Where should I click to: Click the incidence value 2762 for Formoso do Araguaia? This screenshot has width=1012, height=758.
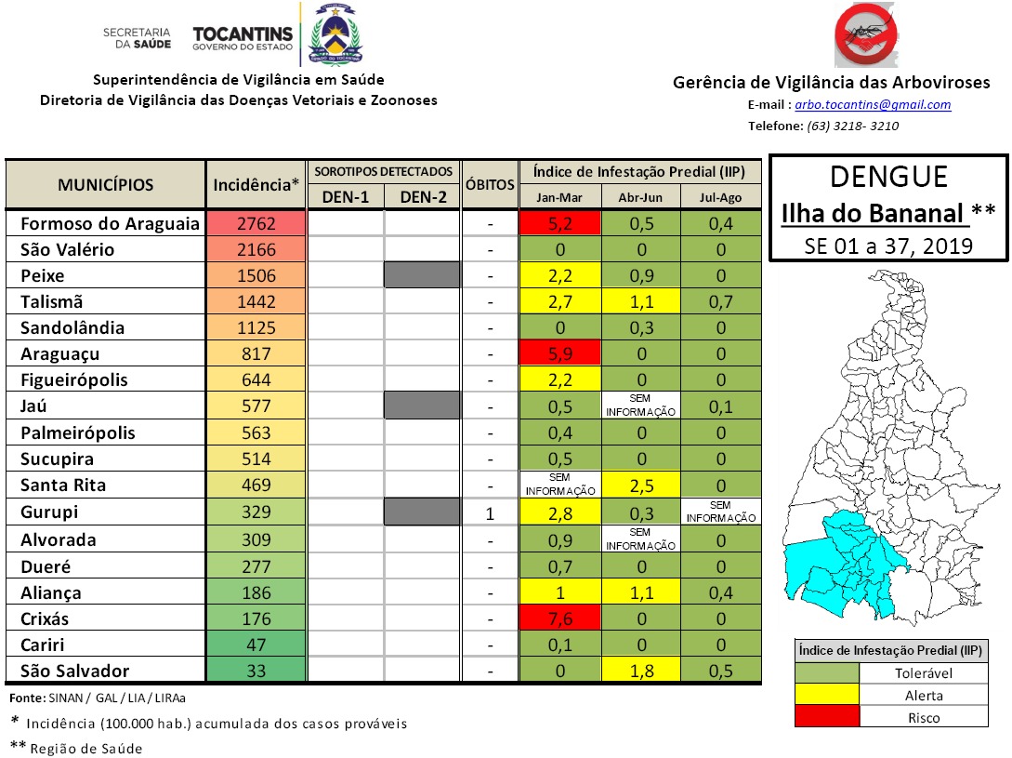[256, 224]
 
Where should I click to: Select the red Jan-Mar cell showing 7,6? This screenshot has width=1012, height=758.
[560, 618]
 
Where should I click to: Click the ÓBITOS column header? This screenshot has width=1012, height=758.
[490, 184]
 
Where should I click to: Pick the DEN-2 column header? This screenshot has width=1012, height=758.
[423, 196]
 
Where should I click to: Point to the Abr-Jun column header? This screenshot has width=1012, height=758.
[640, 197]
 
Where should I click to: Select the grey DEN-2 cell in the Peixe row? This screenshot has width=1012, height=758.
[423, 276]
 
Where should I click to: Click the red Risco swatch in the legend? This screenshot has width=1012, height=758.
[827, 717]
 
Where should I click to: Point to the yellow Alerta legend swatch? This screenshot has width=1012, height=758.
[827, 695]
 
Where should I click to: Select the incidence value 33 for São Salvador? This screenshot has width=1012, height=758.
[256, 671]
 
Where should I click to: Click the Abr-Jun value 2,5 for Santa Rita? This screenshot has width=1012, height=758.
[640, 485]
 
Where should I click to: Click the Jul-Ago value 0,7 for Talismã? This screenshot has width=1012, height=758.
[721, 302]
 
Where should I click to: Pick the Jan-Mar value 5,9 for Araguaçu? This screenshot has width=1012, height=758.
[560, 353]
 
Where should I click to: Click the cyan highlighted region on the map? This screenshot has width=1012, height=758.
[841, 558]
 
